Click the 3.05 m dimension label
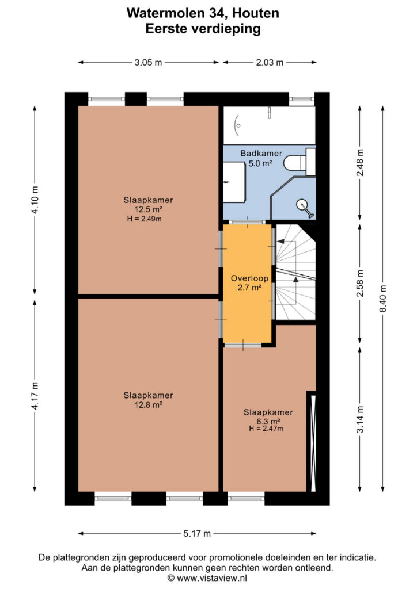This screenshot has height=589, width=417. click(x=148, y=62)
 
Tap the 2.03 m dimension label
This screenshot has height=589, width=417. click(x=270, y=62)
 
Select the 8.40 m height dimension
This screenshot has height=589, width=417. click(x=383, y=299)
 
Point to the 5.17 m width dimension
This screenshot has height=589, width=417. click(x=197, y=533)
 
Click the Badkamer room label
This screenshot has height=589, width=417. click(x=261, y=153)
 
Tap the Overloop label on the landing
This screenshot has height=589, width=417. click(x=249, y=278)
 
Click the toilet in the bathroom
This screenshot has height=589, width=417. click(x=300, y=162)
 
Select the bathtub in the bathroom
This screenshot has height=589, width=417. click(x=269, y=125)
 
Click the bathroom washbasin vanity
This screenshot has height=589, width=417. click(x=234, y=182)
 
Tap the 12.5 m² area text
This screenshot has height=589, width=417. click(x=149, y=209)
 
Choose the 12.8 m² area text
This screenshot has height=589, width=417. click(x=149, y=405)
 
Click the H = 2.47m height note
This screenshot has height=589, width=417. click(x=266, y=429)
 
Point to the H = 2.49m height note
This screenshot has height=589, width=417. click(x=145, y=219)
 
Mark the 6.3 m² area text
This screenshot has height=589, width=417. click(x=268, y=422)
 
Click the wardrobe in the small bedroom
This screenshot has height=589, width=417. click(x=311, y=441)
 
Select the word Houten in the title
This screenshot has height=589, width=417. click(x=256, y=13)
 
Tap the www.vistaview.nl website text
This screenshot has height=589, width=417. click(x=212, y=577)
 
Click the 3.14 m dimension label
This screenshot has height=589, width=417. click(x=360, y=419)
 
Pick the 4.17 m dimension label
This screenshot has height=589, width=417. click(x=35, y=396)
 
